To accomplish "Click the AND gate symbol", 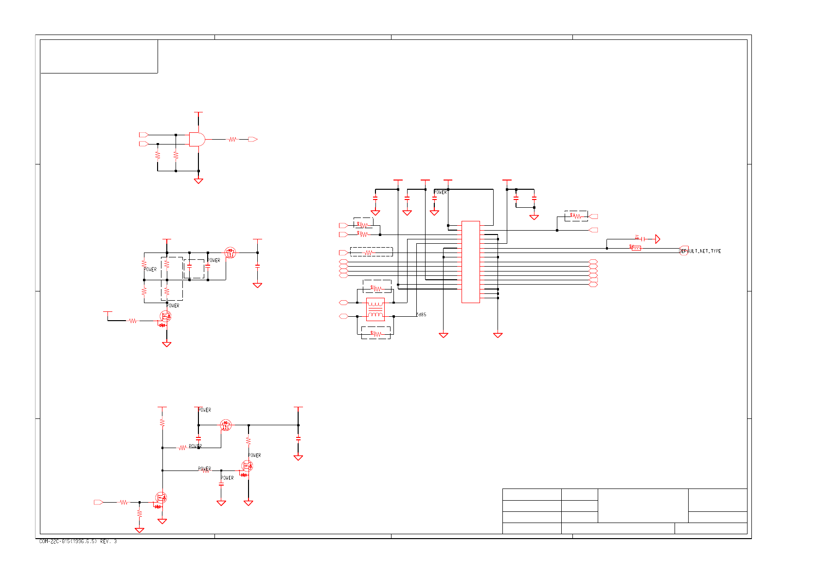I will [x=197, y=139].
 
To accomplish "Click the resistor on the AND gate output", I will [x=232, y=140].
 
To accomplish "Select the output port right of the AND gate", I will [x=252, y=140].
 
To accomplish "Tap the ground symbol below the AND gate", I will [x=198, y=181].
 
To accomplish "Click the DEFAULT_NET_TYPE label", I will [x=700, y=251].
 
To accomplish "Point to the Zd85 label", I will [x=421, y=315].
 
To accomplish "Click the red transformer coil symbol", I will [x=375, y=309].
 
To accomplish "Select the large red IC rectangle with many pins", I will [x=470, y=262].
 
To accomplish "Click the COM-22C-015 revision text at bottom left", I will [x=78, y=542].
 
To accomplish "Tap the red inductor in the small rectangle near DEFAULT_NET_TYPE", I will [x=636, y=248].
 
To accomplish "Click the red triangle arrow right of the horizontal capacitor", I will [x=658, y=239].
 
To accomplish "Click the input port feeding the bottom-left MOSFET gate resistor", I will [x=98, y=502].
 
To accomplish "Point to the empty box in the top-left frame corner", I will [x=99, y=56].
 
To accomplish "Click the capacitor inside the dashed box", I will [x=190, y=267].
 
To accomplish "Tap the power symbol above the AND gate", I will [x=198, y=113].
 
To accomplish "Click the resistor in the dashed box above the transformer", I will [x=377, y=288].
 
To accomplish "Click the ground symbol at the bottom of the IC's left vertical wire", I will [x=443, y=335].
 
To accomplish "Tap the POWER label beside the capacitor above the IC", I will [x=440, y=192].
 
